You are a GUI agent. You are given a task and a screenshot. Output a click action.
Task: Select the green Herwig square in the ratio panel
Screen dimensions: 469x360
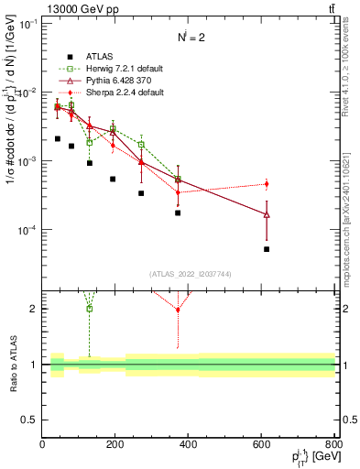(90, 308)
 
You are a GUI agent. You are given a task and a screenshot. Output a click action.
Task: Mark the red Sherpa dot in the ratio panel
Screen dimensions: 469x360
(179, 310)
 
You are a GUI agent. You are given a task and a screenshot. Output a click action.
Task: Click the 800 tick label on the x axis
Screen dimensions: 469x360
(334, 444)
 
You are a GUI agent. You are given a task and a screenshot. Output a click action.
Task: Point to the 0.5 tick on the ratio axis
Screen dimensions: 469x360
(32, 420)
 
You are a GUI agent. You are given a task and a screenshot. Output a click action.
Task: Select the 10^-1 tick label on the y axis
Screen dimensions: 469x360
(27, 24)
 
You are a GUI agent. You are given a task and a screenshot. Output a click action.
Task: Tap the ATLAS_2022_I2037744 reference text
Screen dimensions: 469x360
(189, 274)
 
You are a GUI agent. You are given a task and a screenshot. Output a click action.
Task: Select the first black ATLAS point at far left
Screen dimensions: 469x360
(57, 139)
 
